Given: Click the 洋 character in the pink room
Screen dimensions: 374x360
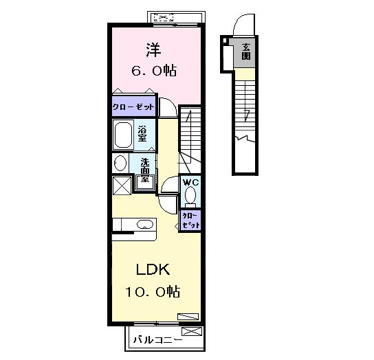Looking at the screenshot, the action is tap(154, 50).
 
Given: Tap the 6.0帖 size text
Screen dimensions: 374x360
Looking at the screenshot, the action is tap(154, 71).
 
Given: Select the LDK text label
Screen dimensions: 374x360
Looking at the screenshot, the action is tap(153, 269).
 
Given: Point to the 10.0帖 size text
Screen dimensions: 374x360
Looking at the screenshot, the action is tap(153, 291).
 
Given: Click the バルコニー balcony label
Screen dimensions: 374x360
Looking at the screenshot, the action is tap(157, 339).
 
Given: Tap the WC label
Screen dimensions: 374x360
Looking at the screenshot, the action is tap(190, 183).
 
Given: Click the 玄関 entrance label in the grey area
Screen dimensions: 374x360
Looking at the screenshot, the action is tap(246, 52).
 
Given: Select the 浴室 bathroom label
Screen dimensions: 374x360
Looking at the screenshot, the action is tap(142, 134).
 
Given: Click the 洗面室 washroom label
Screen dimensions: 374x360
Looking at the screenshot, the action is tap(144, 170).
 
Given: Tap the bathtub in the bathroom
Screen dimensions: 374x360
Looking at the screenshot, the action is tap(123, 135).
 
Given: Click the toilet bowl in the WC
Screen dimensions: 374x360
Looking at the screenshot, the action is tap(190, 196).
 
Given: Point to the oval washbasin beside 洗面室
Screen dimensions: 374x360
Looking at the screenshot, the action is tap(120, 163).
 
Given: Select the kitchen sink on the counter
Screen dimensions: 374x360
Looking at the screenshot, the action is tap(145, 225).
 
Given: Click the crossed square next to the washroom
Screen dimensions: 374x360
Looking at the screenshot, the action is tap(122, 185).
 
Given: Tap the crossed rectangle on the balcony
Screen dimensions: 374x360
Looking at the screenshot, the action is tap(192, 331).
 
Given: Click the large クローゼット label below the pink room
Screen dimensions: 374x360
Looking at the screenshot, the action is tap(133, 106).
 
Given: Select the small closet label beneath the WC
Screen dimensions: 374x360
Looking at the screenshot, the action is tap(190, 221).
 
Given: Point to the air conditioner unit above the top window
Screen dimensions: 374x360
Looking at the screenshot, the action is tap(164, 18).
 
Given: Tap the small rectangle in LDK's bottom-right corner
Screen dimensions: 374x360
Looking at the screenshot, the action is tap(188, 316).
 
